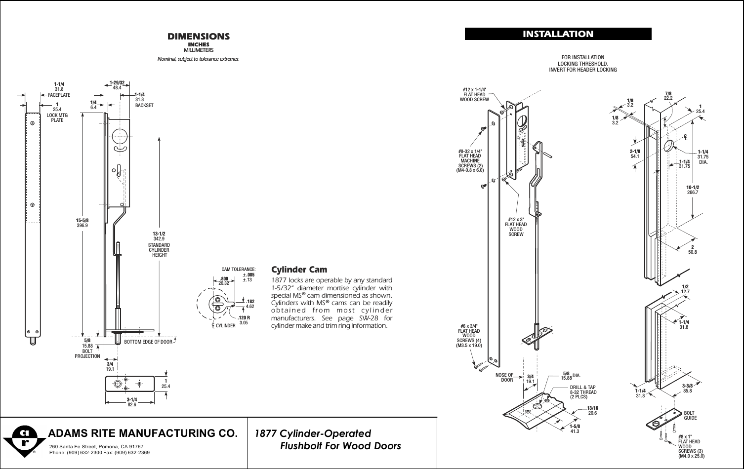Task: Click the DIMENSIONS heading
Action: [x=199, y=37]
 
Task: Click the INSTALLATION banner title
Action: [x=558, y=34]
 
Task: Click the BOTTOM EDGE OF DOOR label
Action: [x=148, y=342]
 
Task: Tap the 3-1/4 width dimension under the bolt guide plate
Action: [x=131, y=399]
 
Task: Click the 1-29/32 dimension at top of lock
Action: [x=117, y=82]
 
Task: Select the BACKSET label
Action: [x=144, y=106]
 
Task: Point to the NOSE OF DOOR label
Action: [x=504, y=378]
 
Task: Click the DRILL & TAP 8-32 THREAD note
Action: [x=583, y=392]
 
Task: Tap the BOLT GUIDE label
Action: [x=689, y=415]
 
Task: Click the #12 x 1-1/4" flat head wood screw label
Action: [x=474, y=94]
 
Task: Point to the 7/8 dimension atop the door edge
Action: [x=668, y=93]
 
